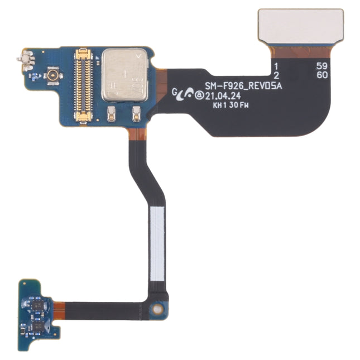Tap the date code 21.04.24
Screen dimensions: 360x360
(x=223, y=95)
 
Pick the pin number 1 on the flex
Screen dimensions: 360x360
(x=275, y=66)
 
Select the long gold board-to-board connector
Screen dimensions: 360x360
(x=83, y=85)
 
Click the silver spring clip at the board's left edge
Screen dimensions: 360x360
(x=25, y=57)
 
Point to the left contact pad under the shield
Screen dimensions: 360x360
(x=111, y=114)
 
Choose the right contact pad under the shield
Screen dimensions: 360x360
(x=136, y=114)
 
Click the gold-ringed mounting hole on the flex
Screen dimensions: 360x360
(x=159, y=308)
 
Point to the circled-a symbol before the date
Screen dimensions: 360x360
(x=199, y=95)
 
